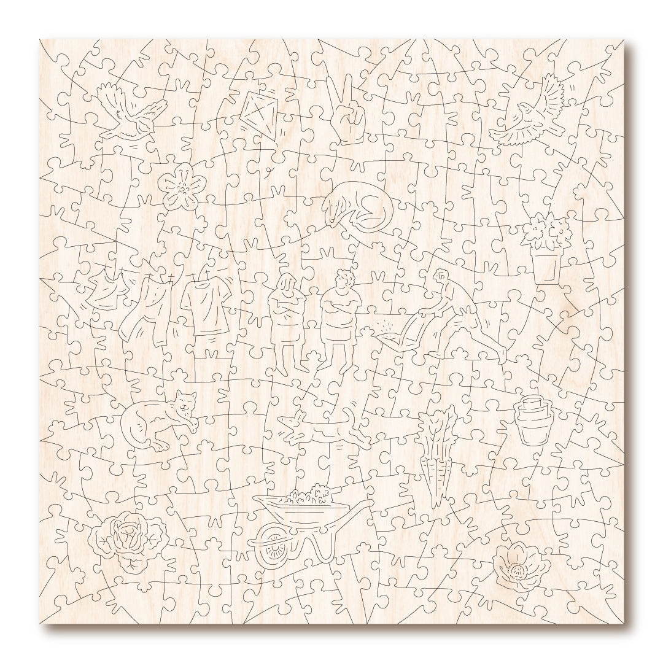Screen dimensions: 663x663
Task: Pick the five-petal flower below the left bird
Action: [x=182, y=186]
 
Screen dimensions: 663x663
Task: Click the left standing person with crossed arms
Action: [x=288, y=319]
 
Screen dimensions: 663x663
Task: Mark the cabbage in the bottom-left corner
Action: [x=127, y=538]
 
